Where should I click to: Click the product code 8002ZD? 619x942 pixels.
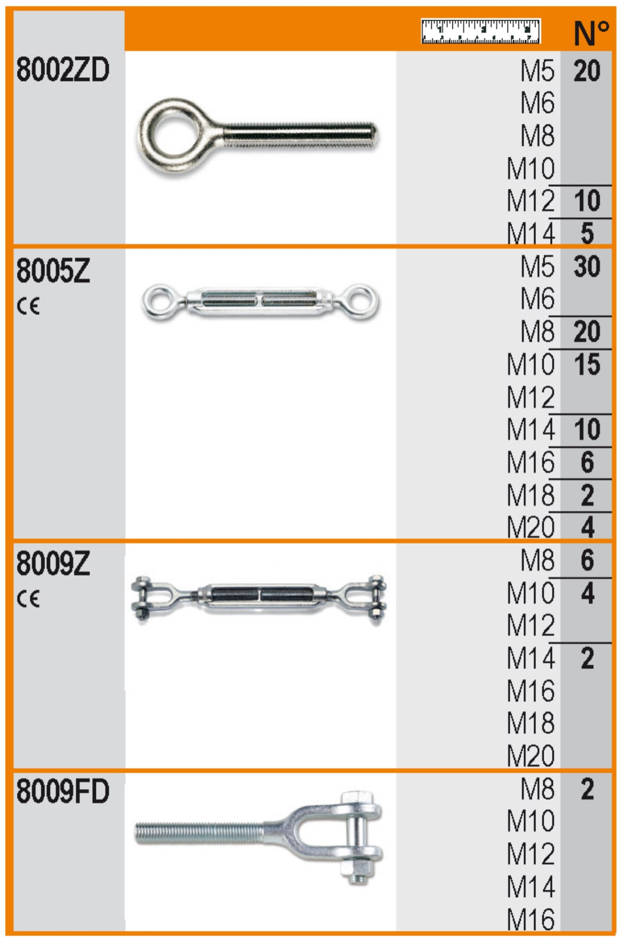pyautogui.click(x=63, y=70)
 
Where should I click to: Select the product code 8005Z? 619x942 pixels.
pyautogui.click(x=53, y=271)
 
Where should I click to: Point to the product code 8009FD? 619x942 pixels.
pyautogui.click(x=63, y=791)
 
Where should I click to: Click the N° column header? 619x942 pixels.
pyautogui.click(x=591, y=33)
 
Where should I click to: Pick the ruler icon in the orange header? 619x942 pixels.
pyautogui.click(x=480, y=31)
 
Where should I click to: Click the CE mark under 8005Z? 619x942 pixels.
pyautogui.click(x=28, y=306)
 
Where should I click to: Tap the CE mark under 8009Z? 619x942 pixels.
pyautogui.click(x=28, y=599)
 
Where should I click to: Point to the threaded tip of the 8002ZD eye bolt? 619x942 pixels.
pyautogui.click(x=373, y=135)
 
